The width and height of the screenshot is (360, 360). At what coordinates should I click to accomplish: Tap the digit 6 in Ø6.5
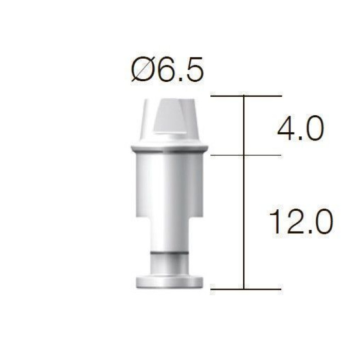167,69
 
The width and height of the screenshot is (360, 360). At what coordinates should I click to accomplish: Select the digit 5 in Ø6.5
194,69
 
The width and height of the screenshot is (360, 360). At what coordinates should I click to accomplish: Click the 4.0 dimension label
300,128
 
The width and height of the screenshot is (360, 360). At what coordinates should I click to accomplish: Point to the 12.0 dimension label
301,222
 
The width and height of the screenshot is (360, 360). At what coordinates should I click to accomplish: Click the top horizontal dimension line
246,96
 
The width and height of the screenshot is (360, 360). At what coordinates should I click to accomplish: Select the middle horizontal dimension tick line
246,155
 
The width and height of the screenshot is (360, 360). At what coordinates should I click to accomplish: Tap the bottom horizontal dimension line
246,289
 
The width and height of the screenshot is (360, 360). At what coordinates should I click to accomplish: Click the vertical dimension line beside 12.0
244,222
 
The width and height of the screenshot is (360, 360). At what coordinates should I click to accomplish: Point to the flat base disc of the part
169,282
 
